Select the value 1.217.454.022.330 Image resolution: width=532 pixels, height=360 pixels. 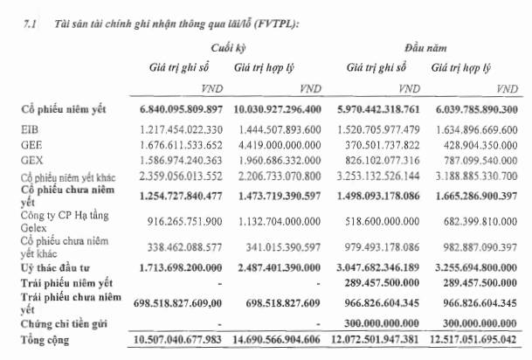click(180, 128)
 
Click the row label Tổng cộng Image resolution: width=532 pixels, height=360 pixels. click(46, 338)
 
